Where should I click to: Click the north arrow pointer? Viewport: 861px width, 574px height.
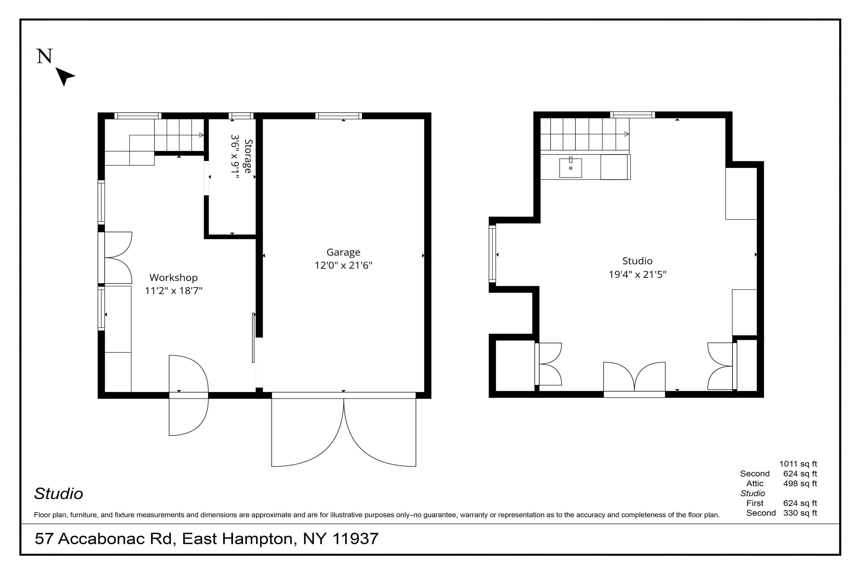tap(65, 76)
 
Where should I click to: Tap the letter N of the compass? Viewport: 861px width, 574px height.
tap(45, 56)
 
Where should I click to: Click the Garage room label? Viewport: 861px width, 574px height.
tap(343, 253)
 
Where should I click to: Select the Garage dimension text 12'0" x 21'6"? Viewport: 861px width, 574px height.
tap(343, 265)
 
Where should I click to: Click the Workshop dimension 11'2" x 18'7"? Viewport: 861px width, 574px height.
tap(174, 291)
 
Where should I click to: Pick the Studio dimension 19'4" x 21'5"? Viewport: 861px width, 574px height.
tap(637, 274)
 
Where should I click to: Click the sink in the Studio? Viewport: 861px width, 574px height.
tap(570, 168)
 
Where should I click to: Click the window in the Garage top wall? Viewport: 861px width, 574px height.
tap(339, 116)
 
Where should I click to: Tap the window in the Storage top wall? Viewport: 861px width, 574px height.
tap(241, 116)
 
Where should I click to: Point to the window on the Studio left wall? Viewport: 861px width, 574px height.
tap(492, 254)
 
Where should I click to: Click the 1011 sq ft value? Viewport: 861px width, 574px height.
tap(798, 464)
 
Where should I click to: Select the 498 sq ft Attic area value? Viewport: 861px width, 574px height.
tap(800, 483)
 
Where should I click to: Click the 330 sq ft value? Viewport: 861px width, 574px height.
tap(800, 513)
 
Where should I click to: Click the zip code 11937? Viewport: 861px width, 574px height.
tap(355, 539)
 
